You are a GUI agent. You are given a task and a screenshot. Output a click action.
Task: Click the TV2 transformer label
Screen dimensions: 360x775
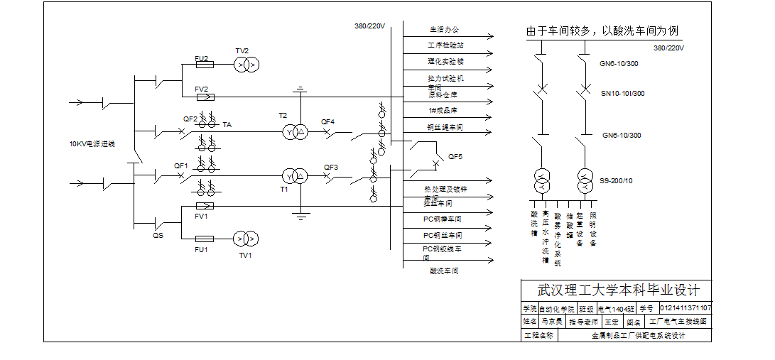tap(242, 51)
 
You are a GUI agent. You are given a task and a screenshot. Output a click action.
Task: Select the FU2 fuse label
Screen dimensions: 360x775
tap(201, 58)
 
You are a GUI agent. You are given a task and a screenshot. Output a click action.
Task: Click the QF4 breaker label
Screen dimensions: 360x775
tap(327, 121)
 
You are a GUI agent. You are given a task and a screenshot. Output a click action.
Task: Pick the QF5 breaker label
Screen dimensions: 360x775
tap(455, 156)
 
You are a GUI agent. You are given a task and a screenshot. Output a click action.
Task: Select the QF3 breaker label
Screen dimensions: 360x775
tap(331, 168)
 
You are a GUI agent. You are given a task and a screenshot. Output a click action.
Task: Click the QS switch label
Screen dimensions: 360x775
tap(158, 235)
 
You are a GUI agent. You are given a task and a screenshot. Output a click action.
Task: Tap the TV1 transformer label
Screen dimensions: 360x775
tap(245, 255)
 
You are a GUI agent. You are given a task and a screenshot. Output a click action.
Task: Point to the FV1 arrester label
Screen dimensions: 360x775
tap(201, 216)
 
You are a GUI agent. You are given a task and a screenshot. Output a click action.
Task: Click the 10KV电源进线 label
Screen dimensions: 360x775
tap(92, 144)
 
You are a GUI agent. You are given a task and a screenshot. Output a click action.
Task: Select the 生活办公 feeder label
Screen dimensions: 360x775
tap(444, 30)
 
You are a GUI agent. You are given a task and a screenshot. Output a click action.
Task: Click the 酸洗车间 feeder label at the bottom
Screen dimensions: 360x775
tap(444, 271)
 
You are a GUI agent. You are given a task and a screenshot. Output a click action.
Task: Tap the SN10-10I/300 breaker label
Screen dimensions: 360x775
tap(623, 93)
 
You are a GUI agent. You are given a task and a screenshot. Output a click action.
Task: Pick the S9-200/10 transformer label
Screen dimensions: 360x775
tap(616, 180)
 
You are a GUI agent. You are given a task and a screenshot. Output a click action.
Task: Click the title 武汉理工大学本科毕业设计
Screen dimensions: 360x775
tap(618, 290)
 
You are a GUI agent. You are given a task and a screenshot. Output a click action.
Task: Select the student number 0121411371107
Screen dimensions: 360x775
tap(685, 308)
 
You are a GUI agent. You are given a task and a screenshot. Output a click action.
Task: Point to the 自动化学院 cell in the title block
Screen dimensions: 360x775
tap(556, 310)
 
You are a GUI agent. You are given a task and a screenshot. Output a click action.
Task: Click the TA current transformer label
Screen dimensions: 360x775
tap(227, 124)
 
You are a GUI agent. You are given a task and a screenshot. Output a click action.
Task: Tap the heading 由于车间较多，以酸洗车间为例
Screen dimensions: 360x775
tap(602, 31)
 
